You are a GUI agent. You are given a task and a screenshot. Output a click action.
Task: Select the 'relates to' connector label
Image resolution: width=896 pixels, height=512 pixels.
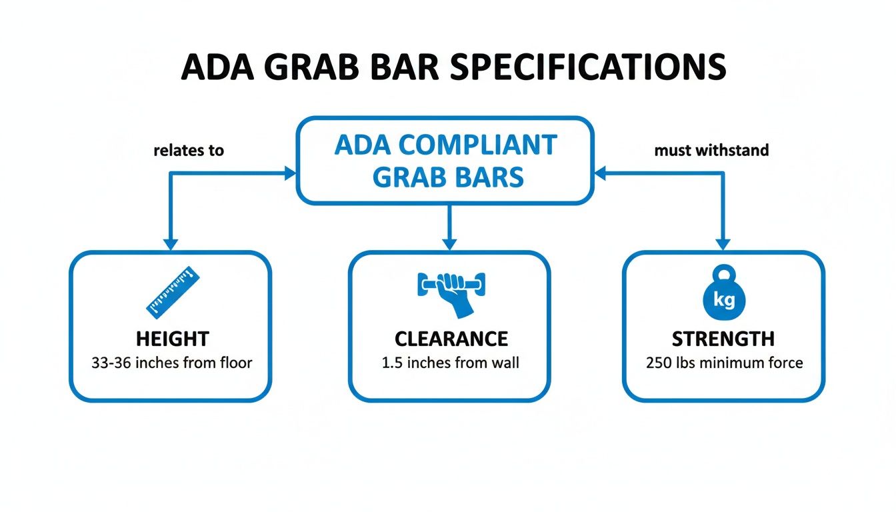pos(189,151)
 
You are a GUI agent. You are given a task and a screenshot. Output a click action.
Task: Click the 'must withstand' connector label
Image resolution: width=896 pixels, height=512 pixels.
pos(711,151)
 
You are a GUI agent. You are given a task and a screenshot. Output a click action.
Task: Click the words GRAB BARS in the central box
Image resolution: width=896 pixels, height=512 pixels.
pos(448,177)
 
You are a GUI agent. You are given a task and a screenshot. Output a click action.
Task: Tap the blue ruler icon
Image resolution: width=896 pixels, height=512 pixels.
pos(173,291)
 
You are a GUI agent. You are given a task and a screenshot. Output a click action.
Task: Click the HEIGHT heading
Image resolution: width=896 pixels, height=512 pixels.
pos(171,339)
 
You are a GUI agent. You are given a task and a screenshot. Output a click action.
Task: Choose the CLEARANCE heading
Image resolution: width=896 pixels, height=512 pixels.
pos(451,339)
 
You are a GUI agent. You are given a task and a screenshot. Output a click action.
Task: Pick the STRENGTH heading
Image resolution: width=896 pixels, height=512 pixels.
pos(723,339)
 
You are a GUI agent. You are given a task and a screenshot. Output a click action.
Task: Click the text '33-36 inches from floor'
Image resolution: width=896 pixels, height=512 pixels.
pos(171,363)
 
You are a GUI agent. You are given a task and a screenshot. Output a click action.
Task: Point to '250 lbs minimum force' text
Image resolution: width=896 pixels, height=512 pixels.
pos(724,363)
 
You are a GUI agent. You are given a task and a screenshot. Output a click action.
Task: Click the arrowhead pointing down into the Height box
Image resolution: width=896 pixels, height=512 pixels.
pos(170,243)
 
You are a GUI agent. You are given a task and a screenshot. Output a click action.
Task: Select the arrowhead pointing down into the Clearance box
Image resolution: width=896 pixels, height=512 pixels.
pos(449,243)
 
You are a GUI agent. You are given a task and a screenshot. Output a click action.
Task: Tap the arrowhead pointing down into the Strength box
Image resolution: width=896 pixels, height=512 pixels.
pos(723,243)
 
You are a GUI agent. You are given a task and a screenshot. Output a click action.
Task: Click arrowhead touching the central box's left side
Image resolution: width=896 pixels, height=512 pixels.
pos(290,173)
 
